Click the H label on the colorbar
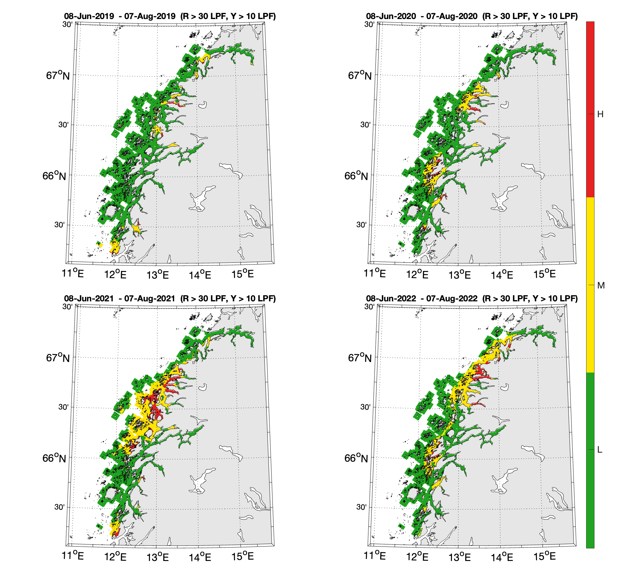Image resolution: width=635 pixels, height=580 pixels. click(600, 114)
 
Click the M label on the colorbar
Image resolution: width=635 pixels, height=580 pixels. click(601, 285)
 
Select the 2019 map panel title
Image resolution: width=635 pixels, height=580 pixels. click(170, 16)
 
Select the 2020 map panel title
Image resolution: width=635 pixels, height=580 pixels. click(472, 16)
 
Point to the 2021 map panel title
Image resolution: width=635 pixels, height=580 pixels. click(170, 299)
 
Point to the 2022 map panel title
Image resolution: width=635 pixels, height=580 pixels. click(472, 299)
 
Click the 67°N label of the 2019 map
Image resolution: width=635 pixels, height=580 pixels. click(58, 75)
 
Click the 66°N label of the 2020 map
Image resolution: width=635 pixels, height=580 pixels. click(356, 176)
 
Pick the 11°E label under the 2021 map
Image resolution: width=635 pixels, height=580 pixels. click(73, 555)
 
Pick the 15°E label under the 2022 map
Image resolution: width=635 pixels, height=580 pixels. click(544, 556)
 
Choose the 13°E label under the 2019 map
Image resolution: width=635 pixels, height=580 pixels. click(158, 275)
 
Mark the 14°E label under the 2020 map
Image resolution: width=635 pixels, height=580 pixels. click(502, 275)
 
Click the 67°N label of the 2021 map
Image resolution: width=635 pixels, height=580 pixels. click(58, 358)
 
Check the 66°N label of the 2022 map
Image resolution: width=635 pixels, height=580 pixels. click(356, 458)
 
